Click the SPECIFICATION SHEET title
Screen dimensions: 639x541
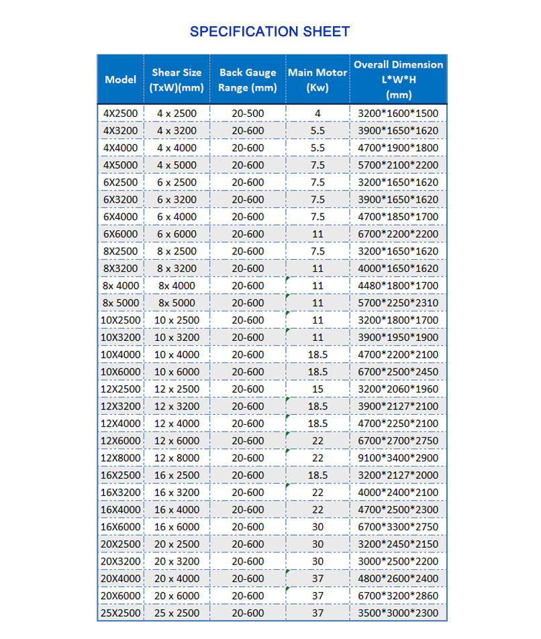click(270, 32)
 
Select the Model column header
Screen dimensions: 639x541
click(121, 80)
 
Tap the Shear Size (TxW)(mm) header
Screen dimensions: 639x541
click(177, 80)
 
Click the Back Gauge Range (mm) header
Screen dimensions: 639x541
click(248, 80)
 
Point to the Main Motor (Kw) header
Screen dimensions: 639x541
click(317, 80)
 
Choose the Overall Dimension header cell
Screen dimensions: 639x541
click(399, 80)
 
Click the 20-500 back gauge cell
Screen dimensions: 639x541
click(248, 113)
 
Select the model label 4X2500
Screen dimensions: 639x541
click(121, 113)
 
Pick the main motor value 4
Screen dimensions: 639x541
click(317, 113)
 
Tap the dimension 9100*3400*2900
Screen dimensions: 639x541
click(399, 458)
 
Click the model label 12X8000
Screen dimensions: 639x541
click(121, 458)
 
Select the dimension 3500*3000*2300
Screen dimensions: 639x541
click(399, 613)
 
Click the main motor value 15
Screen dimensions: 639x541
click(317, 389)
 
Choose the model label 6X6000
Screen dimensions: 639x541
click(121, 234)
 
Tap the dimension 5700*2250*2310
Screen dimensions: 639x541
click(399, 303)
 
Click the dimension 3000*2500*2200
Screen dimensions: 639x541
click(399, 561)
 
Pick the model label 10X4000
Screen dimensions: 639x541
click(121, 354)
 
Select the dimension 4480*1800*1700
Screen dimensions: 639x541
click(399, 286)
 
